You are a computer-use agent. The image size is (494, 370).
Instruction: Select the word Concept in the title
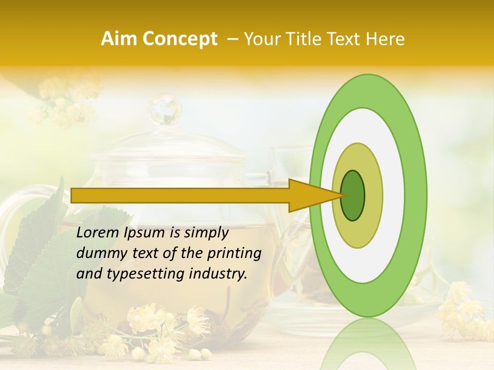[x=180, y=39]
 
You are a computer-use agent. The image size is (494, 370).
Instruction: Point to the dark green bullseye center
[x=352, y=195]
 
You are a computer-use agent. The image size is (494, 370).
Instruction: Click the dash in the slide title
[x=232, y=39]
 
